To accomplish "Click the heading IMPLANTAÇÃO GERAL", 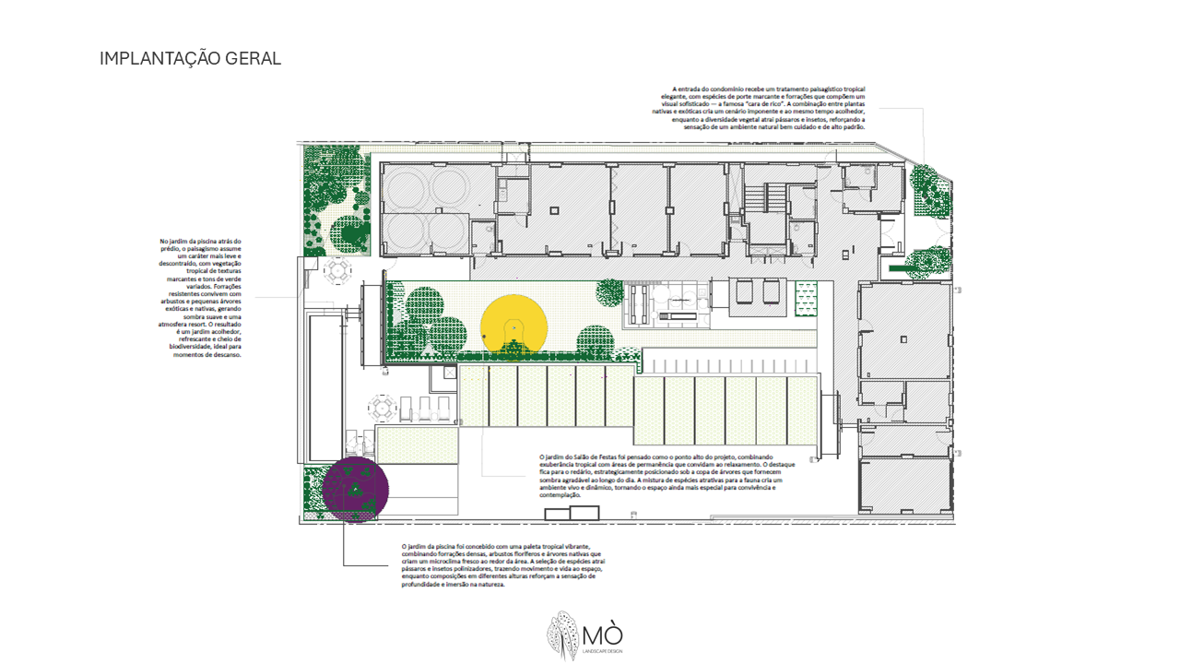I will pyautogui.click(x=190, y=59).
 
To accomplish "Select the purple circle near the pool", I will pyautogui.click(x=356, y=489).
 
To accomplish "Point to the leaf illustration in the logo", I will pyautogui.click(x=562, y=635).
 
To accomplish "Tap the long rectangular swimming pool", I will pyautogui.click(x=324, y=387).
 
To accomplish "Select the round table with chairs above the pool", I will pyautogui.click(x=337, y=271).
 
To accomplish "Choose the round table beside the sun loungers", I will pyautogui.click(x=383, y=407).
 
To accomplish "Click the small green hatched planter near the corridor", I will pyautogui.click(x=807, y=297).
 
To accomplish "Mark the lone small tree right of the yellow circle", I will pyautogui.click(x=609, y=293).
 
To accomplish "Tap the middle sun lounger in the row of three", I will pyautogui.click(x=426, y=408).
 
